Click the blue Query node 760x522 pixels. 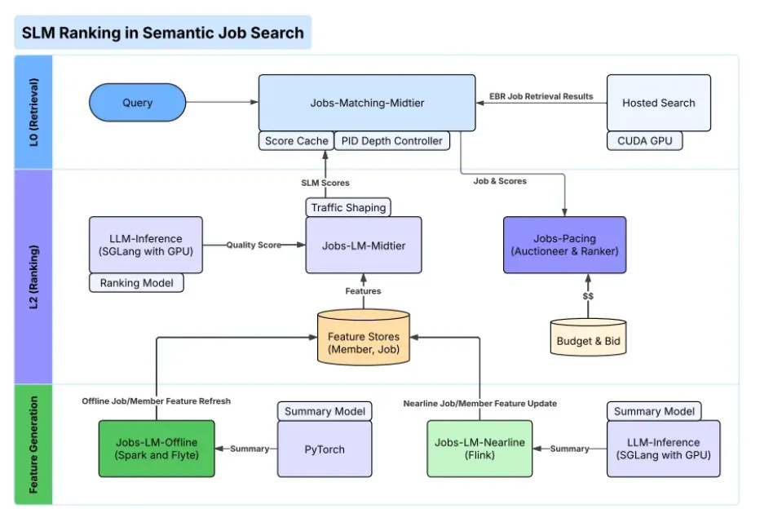coord(137,103)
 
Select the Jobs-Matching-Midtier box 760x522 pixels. coord(367,103)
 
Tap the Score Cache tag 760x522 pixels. coord(296,141)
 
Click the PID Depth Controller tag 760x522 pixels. coord(391,141)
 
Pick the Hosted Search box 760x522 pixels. coord(658,103)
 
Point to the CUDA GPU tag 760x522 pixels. coord(644,141)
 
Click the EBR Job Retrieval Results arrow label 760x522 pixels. coord(541,96)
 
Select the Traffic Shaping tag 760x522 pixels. coord(348,207)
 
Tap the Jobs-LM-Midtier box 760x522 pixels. coord(364,246)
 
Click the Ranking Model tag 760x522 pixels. coord(136,283)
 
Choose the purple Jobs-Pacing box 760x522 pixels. coord(564,245)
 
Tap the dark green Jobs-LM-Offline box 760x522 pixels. coord(157,449)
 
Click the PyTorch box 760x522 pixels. coord(325,449)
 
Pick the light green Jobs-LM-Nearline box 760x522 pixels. coord(479,449)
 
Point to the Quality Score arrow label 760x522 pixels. coord(253,245)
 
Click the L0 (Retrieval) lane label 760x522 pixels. coord(34,112)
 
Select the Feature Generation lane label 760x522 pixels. coord(34,445)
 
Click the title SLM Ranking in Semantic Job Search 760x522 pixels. coord(162,33)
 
